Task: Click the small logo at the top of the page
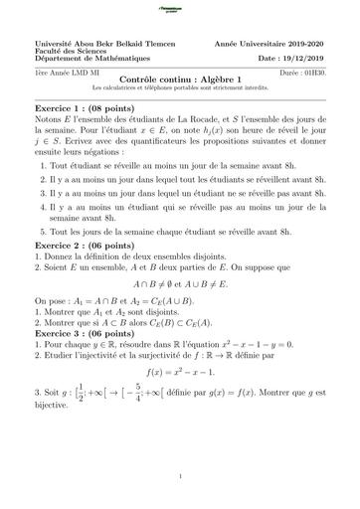[x=180, y=9]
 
